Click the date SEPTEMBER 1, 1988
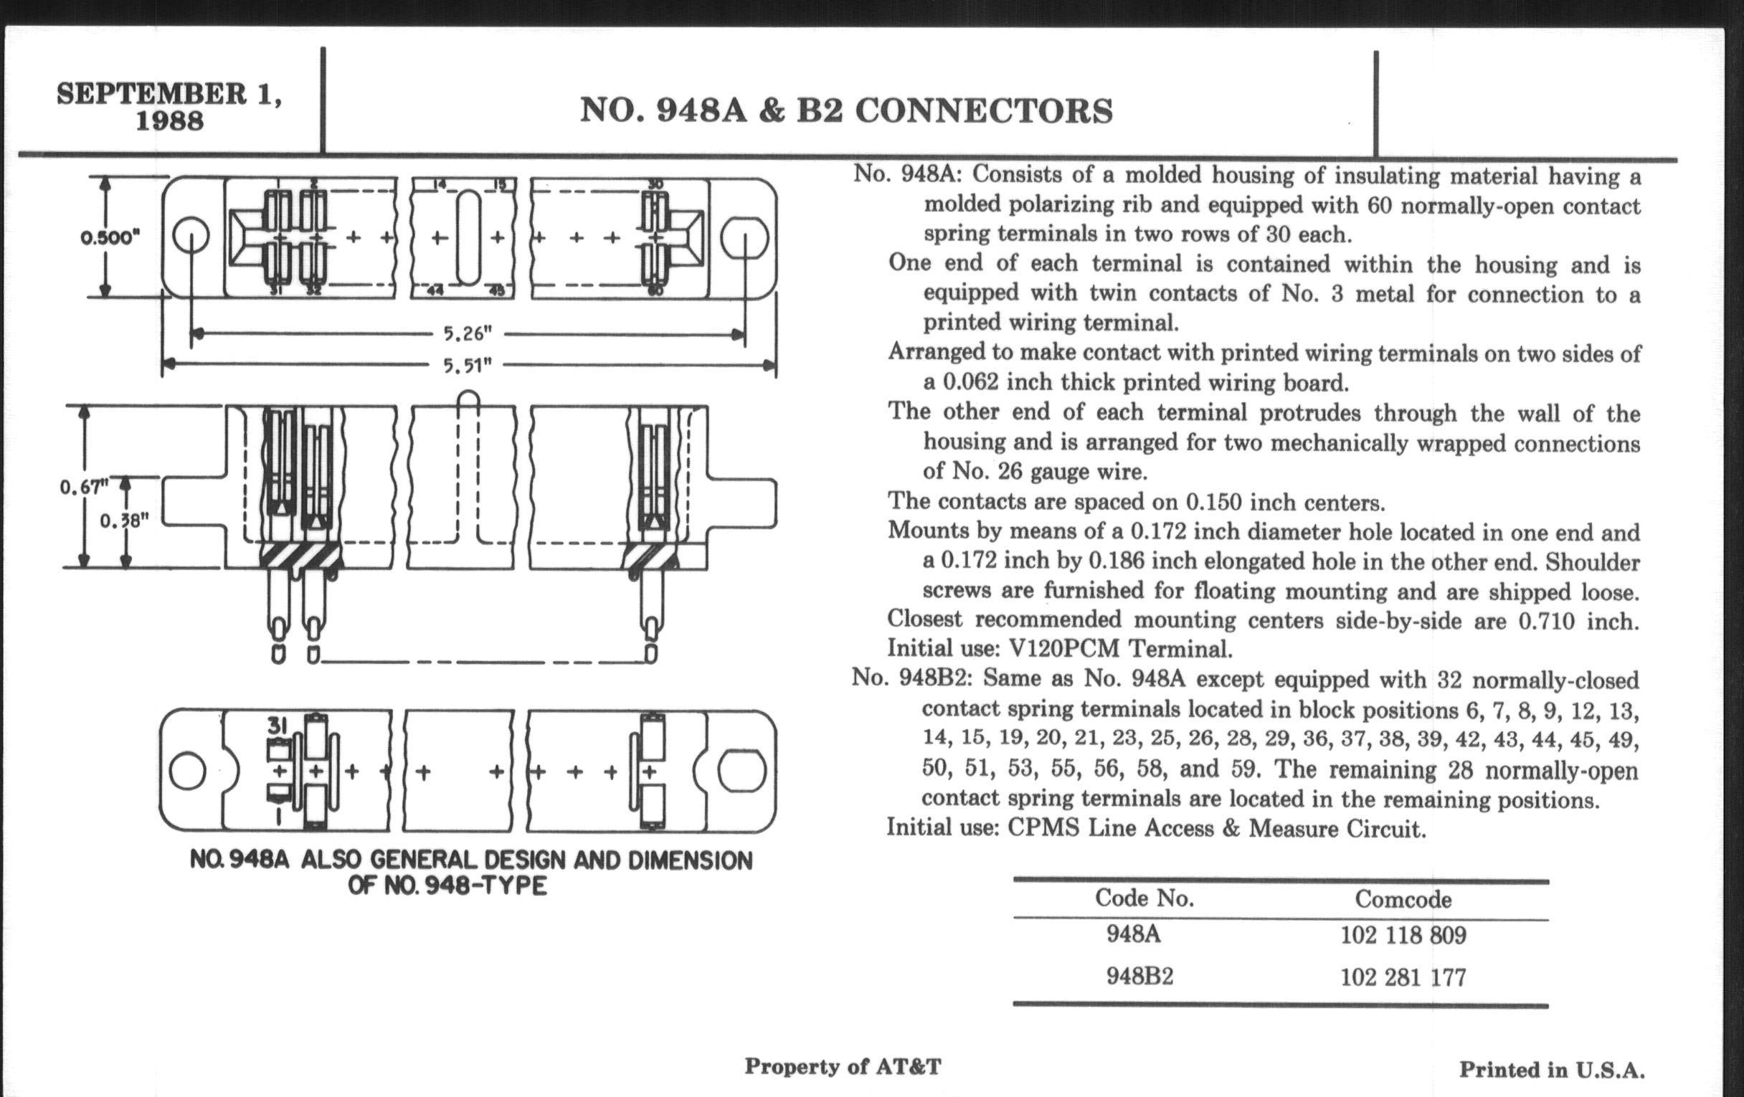pos(169,105)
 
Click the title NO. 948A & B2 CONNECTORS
pos(845,111)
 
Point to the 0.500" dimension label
pos(110,237)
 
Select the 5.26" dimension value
pos(467,334)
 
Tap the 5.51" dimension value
pos(467,365)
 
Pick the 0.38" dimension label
pos(124,521)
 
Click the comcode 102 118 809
pos(1402,935)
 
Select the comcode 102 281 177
pos(1402,977)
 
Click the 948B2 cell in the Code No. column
pos(1139,977)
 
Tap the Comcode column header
pos(1402,899)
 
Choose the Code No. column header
pos(1144,898)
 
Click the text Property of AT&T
pos(843,1067)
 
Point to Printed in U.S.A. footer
pos(1551,1070)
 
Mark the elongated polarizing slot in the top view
pos(468,237)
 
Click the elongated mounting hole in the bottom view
pos(741,771)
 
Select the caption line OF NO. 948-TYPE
pos(447,885)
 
